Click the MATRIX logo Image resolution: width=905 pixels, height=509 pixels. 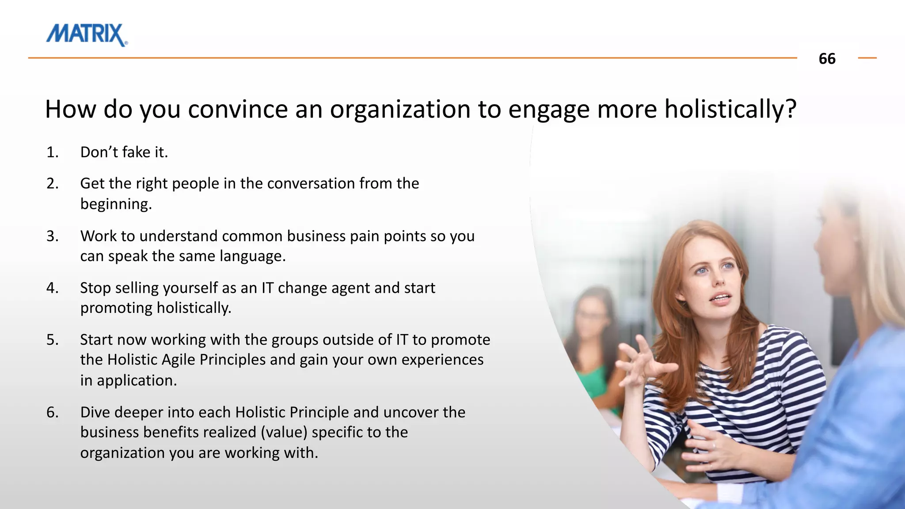[87, 34]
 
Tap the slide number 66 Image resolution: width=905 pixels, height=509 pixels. [827, 59]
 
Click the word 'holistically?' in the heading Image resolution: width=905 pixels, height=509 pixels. [730, 109]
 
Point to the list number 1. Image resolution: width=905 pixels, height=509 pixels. [52, 152]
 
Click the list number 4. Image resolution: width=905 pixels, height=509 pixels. [52, 288]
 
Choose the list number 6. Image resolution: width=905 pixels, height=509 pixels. [52, 413]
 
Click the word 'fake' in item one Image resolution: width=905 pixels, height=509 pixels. [136, 152]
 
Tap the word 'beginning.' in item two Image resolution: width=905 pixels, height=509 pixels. [116, 204]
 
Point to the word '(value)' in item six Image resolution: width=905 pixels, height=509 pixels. [284, 433]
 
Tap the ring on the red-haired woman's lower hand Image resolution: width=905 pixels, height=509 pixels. [713, 445]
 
